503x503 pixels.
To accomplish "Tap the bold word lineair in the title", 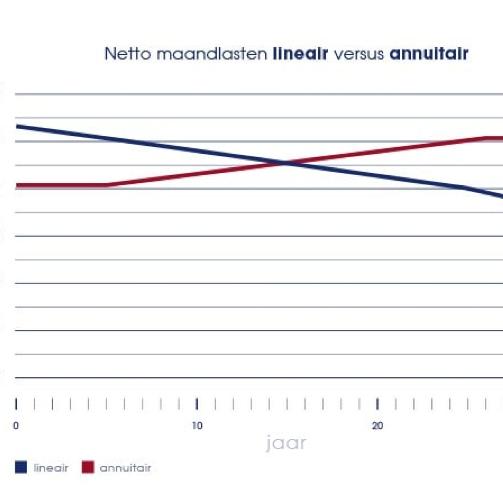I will coord(300,54).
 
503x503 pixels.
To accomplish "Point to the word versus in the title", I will coord(359,54).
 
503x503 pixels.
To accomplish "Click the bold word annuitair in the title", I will coord(429,54).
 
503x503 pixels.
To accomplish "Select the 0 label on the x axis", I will coord(16,426).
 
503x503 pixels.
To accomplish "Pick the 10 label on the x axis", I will coord(197,426).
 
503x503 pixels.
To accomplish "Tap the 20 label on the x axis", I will coord(378,426).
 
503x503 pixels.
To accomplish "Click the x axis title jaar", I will coord(286,443).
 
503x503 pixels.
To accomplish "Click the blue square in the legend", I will coord(21,467).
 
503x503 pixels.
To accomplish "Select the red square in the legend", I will coord(88,467).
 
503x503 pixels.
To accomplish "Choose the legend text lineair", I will coord(51,468).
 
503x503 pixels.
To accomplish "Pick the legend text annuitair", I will coord(125,468).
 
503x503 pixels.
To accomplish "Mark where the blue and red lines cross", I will coord(287,163).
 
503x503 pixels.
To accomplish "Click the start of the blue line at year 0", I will coord(16,126).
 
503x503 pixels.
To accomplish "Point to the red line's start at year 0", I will coord(16,185).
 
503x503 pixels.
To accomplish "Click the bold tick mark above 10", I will coord(197,404).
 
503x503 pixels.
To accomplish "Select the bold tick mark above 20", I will coord(378,404).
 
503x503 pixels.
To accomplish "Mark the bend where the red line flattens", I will coord(486,137).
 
